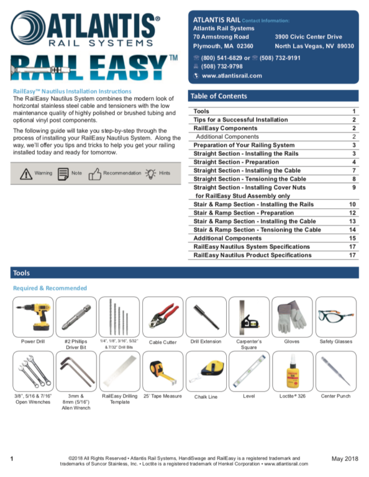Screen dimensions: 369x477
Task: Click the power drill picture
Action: (33, 317)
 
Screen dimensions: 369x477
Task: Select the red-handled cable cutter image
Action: (163, 317)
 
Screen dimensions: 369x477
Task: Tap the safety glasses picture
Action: (336, 316)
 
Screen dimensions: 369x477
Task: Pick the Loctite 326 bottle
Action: (293, 371)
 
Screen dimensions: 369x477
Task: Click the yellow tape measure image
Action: (162, 372)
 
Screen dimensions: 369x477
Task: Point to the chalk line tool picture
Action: (207, 371)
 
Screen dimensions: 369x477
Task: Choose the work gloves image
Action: (292, 316)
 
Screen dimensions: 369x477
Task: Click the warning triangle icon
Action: (26, 174)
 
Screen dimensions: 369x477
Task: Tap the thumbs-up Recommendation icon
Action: (95, 174)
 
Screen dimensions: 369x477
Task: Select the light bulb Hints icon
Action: (150, 174)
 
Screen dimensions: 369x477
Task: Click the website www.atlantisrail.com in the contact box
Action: (232, 76)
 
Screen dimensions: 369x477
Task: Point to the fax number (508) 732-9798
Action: (222, 66)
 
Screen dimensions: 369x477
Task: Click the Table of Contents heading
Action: (219, 96)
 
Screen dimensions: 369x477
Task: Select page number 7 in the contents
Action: (354, 170)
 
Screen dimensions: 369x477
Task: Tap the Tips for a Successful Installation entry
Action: (240, 119)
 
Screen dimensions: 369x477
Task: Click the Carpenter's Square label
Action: (249, 344)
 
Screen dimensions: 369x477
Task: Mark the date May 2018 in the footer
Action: (345, 458)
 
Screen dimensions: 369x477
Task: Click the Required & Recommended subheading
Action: (50, 288)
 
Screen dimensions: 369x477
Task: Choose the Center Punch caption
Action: (335, 396)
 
